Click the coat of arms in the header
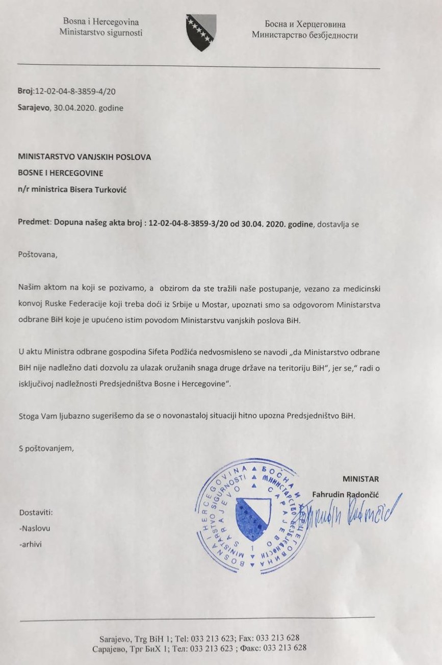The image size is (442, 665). click(200, 32)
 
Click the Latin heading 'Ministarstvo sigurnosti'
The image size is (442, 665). click(101, 32)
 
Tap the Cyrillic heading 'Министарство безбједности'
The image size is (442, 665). click(304, 35)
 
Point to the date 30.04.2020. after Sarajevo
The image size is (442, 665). click(74, 108)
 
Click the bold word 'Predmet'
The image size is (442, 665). click(33, 223)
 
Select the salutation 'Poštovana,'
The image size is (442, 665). click(38, 255)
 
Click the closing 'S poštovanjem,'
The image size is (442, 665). click(46, 449)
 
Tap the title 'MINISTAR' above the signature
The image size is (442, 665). click(360, 479)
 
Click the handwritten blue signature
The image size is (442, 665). click(352, 513)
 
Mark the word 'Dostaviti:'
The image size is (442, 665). click(36, 513)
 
